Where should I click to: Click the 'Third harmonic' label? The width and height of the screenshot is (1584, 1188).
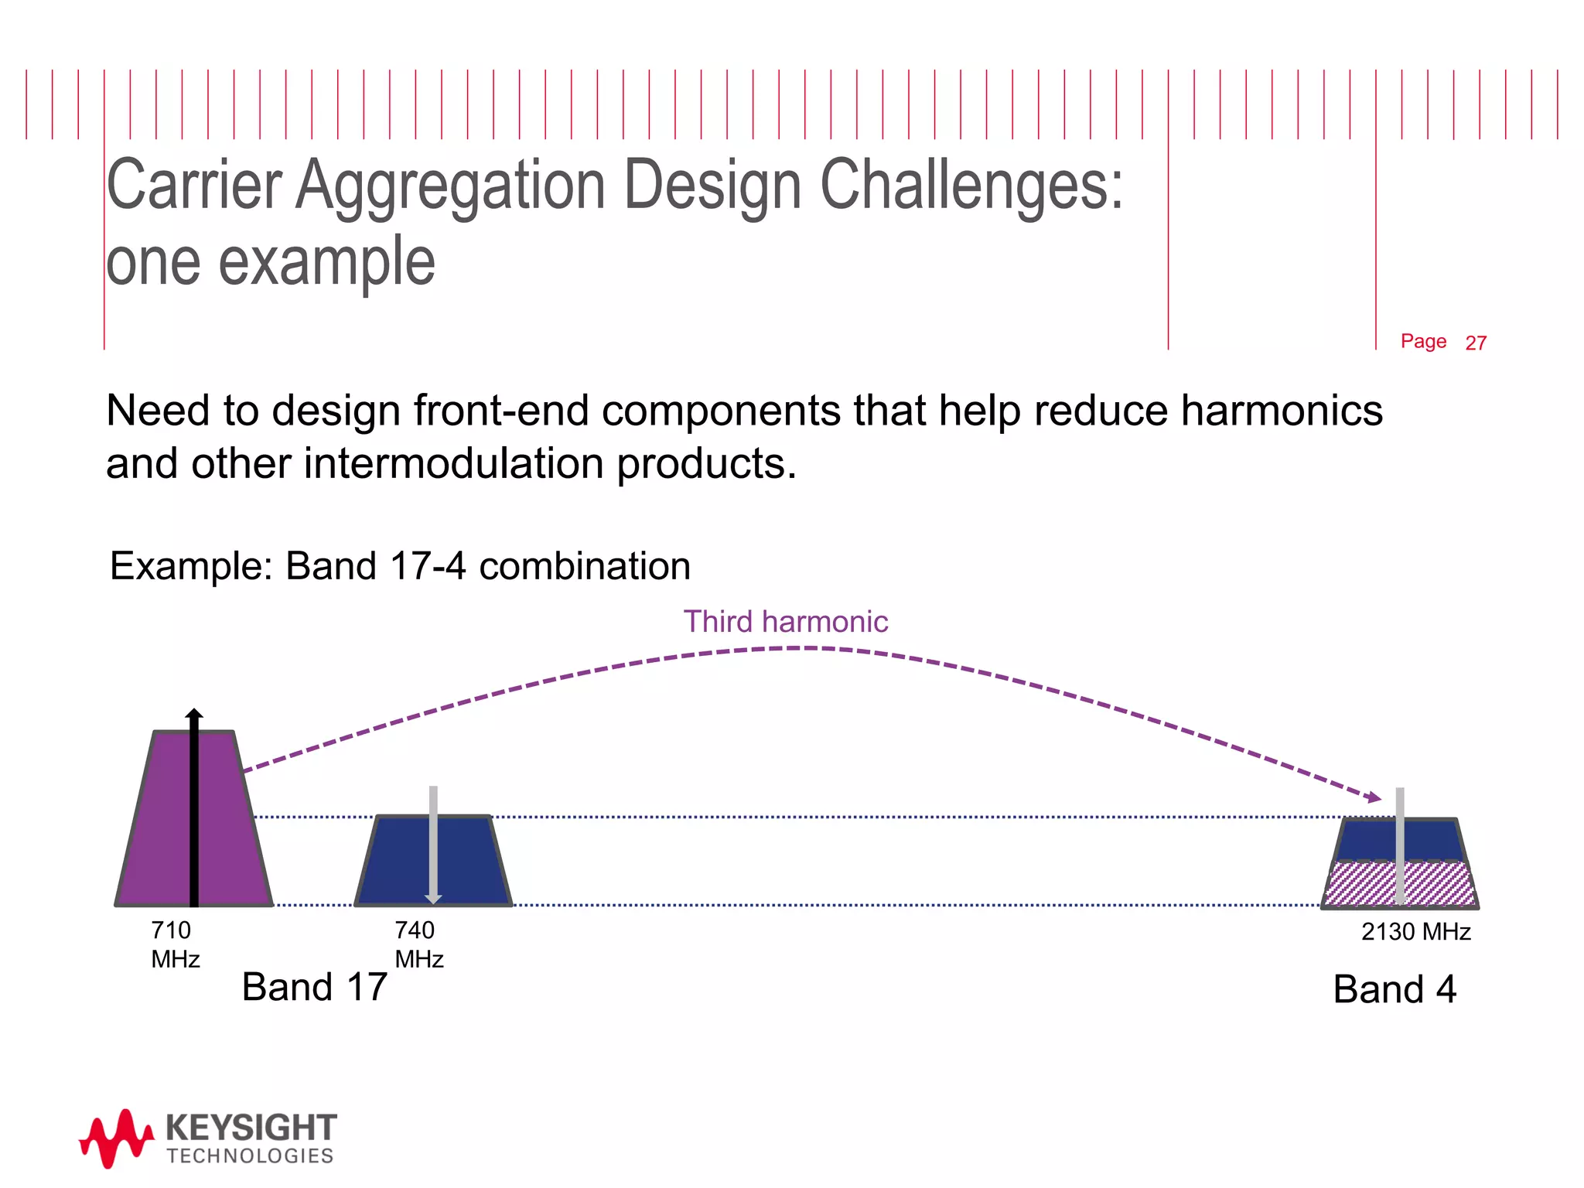785,622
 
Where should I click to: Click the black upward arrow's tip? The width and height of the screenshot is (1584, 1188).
194,712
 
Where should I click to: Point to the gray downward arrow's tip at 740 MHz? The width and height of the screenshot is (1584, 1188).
433,899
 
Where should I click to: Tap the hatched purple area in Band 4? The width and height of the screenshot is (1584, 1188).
1361,884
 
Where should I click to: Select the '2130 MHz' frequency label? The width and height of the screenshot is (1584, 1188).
1415,932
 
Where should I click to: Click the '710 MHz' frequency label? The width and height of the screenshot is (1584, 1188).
174,944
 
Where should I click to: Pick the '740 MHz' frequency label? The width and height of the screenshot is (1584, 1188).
418,944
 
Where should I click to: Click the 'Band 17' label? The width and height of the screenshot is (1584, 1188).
314,988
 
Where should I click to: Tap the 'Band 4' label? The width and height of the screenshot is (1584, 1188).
1394,989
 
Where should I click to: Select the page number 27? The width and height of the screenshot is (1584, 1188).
1475,343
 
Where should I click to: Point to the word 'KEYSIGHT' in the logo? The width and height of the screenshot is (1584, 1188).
251,1128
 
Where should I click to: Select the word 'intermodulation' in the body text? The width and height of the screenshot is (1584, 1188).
453,463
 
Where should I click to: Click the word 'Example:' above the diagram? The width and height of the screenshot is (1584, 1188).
191,565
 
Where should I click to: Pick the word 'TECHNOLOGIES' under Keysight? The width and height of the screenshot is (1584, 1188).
250,1156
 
